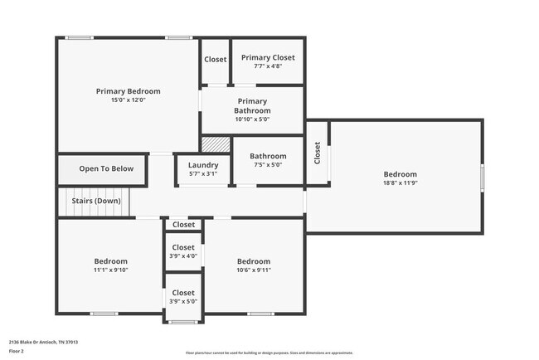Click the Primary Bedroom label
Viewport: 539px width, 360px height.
click(128, 91)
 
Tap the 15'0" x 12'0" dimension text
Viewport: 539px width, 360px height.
click(128, 100)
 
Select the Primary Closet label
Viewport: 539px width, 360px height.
click(267, 58)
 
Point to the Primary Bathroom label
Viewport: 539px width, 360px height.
click(252, 105)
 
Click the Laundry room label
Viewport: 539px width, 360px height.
click(203, 165)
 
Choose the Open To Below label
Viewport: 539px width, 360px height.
click(106, 169)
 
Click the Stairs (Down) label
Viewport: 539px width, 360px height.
click(96, 201)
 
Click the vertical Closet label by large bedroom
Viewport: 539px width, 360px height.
click(317, 153)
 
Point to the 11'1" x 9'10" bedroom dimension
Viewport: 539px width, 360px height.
click(110, 270)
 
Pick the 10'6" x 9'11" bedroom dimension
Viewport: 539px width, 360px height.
click(254, 270)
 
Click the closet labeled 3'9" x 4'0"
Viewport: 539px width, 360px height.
click(183, 251)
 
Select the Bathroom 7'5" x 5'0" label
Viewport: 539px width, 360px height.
click(268, 160)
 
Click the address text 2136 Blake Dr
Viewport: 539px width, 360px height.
click(43, 341)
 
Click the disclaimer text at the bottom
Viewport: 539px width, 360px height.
click(269, 353)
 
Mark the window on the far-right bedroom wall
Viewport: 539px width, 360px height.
click(482, 178)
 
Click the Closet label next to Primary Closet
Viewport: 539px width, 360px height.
click(216, 60)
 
